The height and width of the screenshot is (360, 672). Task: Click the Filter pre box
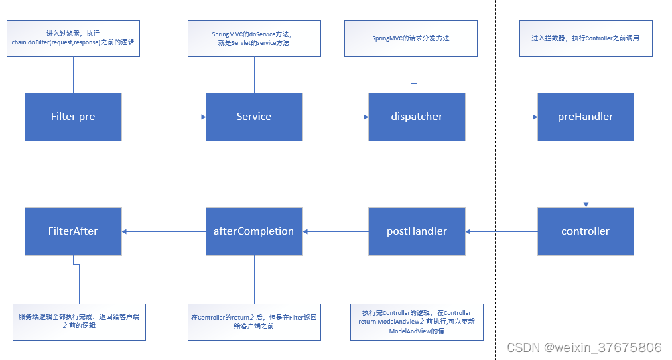pyautogui.click(x=73, y=117)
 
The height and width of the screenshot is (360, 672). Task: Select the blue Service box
pyautogui.click(x=254, y=117)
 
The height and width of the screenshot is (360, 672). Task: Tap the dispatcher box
pyautogui.click(x=417, y=117)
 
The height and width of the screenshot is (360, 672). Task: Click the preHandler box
pyautogui.click(x=586, y=117)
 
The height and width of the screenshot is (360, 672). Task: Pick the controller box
pyautogui.click(x=586, y=231)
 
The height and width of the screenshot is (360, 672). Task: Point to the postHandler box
pyautogui.click(x=417, y=231)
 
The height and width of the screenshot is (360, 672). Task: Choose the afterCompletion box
pyautogui.click(x=254, y=231)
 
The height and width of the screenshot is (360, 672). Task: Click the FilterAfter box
pyautogui.click(x=73, y=231)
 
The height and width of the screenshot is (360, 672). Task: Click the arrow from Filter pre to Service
pyautogui.click(x=163, y=117)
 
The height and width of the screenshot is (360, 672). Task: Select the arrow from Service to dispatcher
pyautogui.click(x=335, y=117)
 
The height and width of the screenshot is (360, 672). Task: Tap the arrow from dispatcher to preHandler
pyautogui.click(x=501, y=117)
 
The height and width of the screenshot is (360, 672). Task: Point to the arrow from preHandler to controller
pyautogui.click(x=586, y=174)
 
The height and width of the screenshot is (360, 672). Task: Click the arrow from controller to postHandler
pyautogui.click(x=501, y=231)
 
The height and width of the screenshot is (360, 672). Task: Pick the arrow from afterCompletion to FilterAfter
pyautogui.click(x=163, y=231)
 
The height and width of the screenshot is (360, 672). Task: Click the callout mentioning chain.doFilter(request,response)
pyautogui.click(x=73, y=38)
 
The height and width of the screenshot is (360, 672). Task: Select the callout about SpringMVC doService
pyautogui.click(x=254, y=38)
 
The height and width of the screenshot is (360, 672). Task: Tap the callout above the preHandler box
pyautogui.click(x=586, y=38)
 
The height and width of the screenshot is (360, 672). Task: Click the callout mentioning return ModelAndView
pyautogui.click(x=417, y=322)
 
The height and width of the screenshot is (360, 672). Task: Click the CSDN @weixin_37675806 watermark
pyautogui.click(x=584, y=347)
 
